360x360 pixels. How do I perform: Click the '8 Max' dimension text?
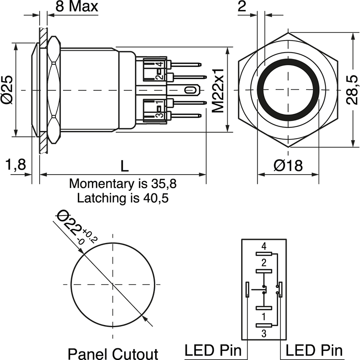[x=76, y=7]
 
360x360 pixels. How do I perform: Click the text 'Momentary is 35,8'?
[x=123, y=184]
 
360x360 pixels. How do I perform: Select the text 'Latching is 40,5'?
[x=123, y=198]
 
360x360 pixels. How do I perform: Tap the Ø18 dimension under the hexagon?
[x=288, y=166]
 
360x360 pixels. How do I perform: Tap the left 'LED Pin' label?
[x=213, y=350]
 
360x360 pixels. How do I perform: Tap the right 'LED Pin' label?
[x=314, y=350]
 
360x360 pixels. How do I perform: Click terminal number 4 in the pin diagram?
[x=264, y=246]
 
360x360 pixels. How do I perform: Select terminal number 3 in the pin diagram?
[x=264, y=333]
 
